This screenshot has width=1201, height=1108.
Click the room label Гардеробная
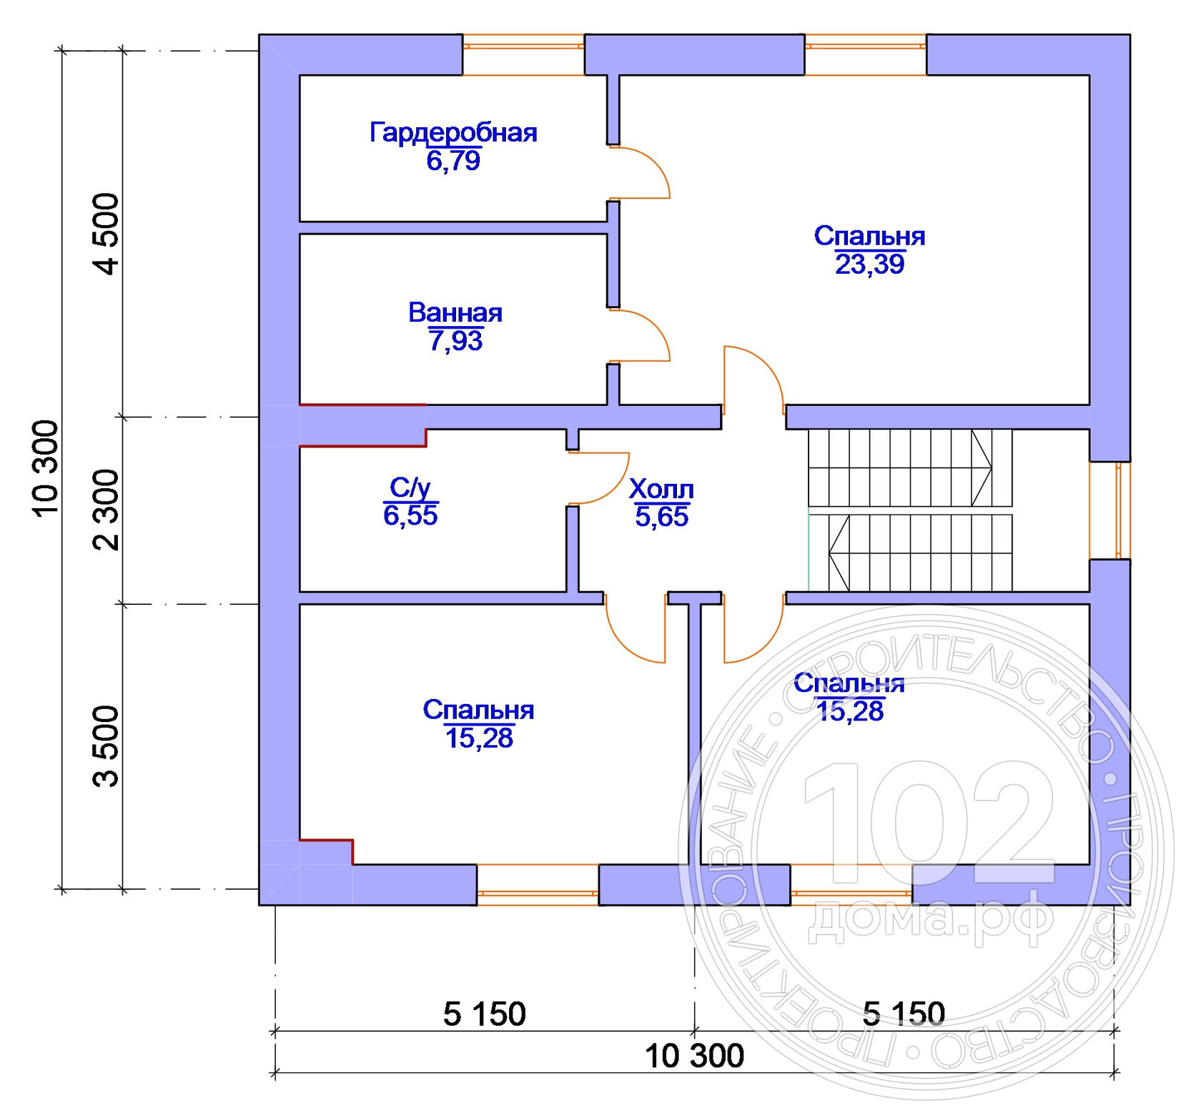coord(453,133)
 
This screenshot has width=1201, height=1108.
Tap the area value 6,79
coord(453,161)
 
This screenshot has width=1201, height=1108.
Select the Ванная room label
coord(455,312)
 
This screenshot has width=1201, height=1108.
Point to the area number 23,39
coord(870,264)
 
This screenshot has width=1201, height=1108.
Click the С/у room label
coord(410,488)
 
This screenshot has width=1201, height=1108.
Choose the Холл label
coord(661,490)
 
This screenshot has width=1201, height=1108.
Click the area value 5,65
coord(661,517)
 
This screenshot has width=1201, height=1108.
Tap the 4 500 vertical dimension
coord(106,234)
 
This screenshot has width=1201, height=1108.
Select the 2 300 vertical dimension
coord(106,510)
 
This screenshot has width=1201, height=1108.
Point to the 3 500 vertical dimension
coord(106,746)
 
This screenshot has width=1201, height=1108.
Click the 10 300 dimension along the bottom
coord(694,1056)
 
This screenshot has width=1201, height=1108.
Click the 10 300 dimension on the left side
coord(45,468)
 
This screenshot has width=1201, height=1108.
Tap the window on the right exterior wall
coord(1110,510)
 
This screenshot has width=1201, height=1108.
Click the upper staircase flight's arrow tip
coord(992,468)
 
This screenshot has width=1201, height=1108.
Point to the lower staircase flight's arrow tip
coord(830,553)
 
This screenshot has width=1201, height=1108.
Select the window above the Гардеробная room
coord(523,54)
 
